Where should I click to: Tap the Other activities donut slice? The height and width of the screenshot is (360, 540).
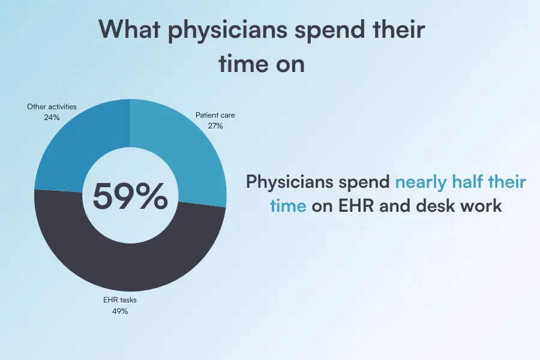[75, 147]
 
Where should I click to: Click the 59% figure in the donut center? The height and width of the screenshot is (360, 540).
[130, 196]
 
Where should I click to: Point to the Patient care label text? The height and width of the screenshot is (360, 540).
[215, 114]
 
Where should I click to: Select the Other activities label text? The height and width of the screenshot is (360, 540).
[52, 107]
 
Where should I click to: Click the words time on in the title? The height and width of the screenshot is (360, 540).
[261, 63]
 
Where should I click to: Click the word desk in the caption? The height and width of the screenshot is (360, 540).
[440, 206]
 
